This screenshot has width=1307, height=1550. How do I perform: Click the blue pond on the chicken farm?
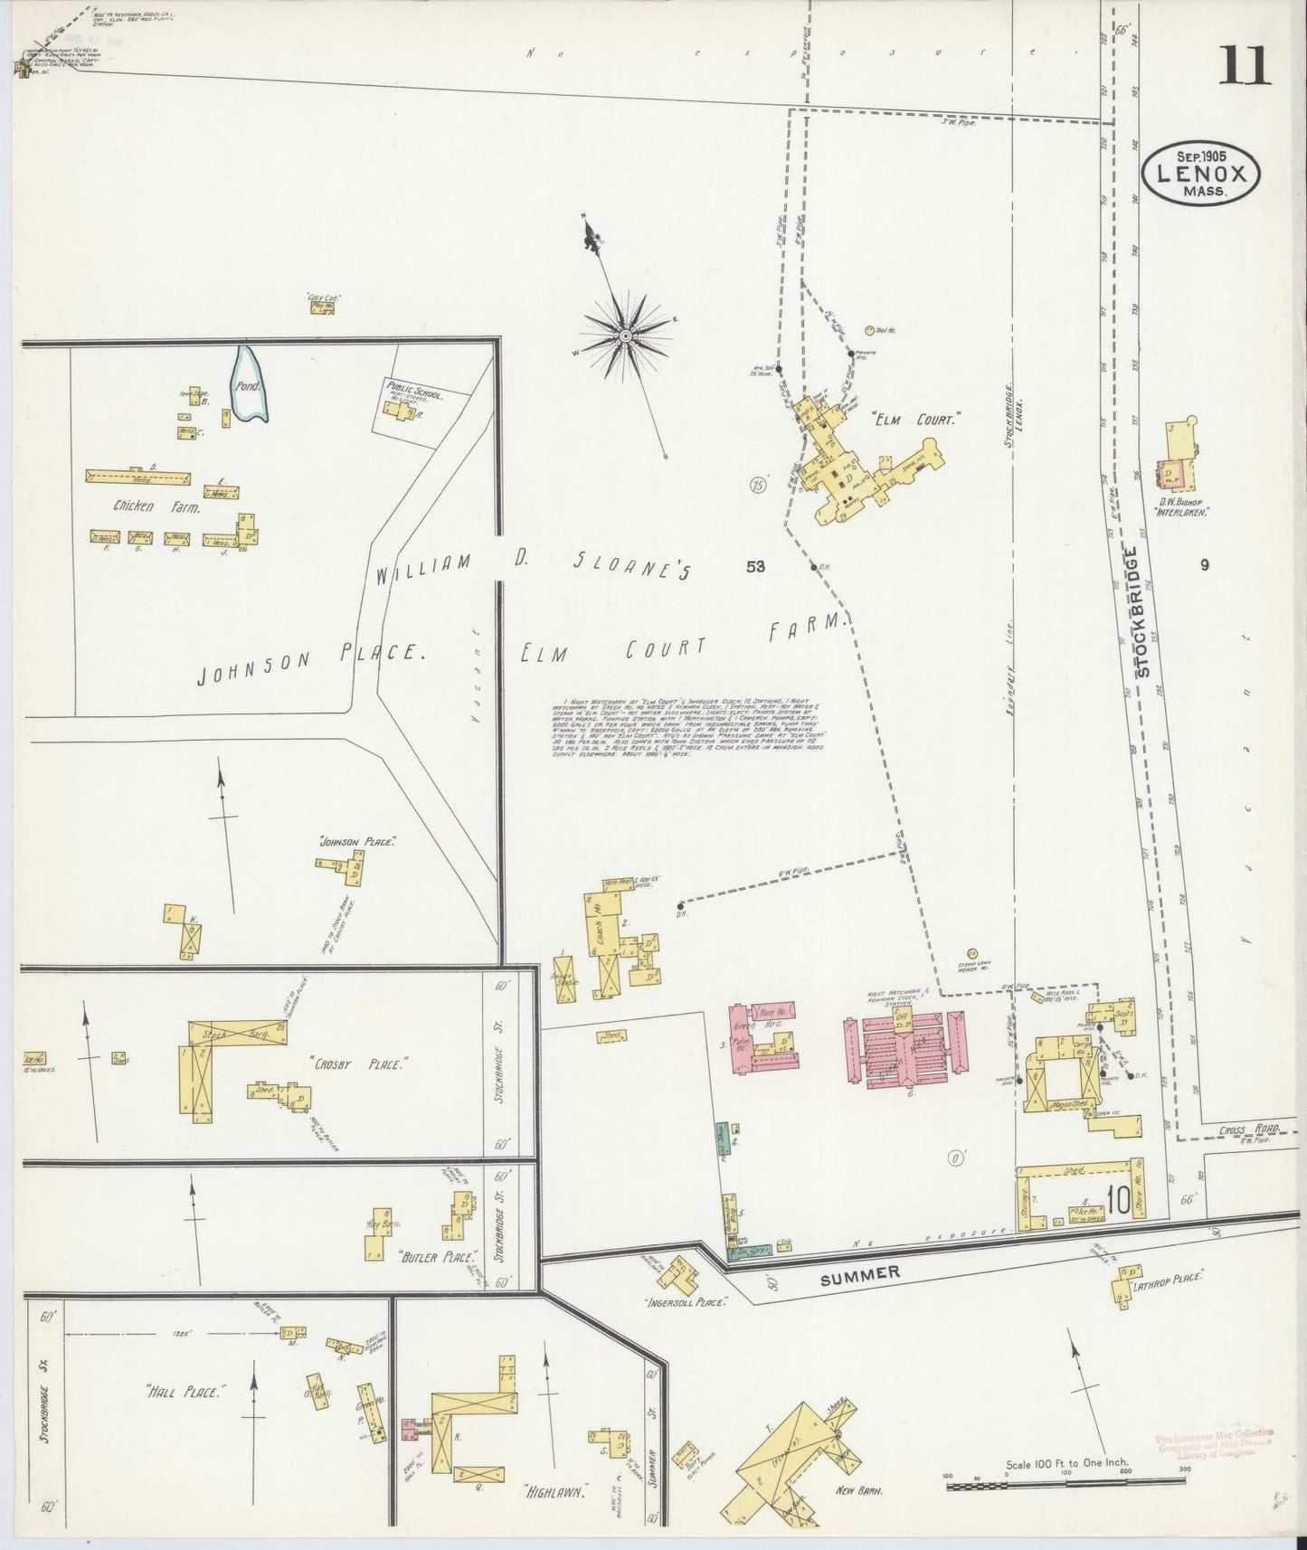click(249, 385)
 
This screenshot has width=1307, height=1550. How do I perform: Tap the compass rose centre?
click(625, 336)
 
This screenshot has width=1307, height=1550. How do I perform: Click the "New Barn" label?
click(859, 1490)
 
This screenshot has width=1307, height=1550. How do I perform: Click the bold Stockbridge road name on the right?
click(1143, 611)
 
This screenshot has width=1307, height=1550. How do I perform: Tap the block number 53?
click(755, 567)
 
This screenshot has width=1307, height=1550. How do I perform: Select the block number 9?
click(1204, 565)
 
